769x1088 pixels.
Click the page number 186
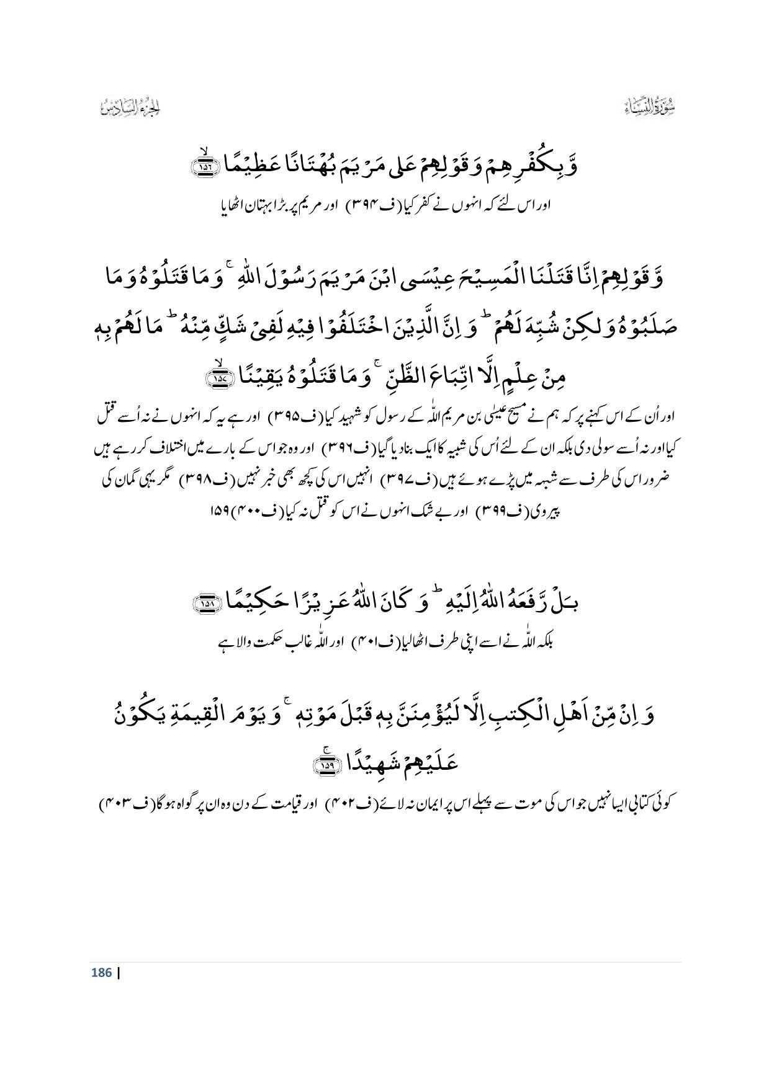101,972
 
